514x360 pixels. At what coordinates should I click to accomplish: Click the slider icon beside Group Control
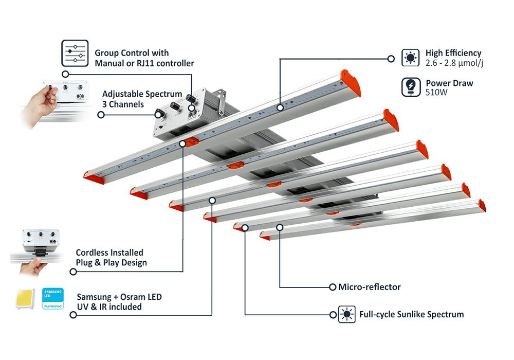tap(75, 53)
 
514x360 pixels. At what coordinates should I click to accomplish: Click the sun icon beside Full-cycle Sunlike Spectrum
tap(347, 314)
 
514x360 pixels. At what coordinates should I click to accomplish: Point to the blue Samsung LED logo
tap(53, 299)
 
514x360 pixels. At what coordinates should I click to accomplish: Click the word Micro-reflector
tap(369, 287)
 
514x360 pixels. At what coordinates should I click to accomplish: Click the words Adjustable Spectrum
tap(142, 94)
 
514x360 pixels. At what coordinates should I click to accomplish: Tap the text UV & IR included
tap(109, 307)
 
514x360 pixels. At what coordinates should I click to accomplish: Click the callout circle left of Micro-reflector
tap(332, 287)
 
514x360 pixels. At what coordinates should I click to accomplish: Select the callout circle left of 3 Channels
tap(101, 115)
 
